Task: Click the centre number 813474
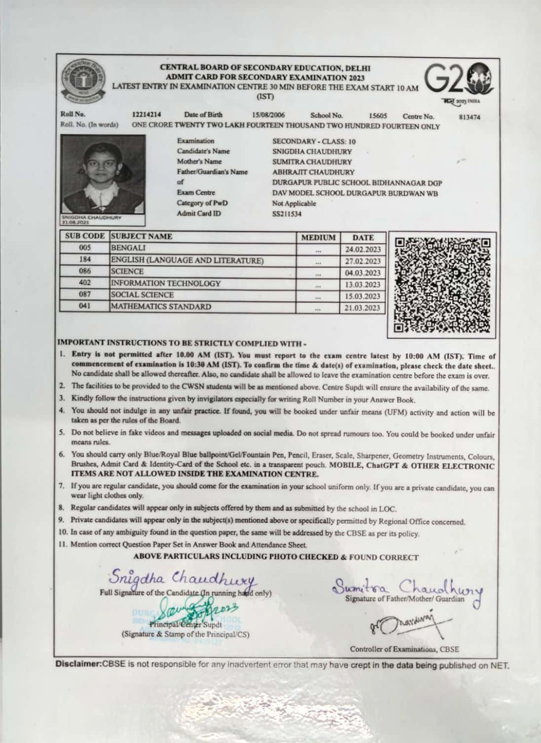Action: coord(469,117)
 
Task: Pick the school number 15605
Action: coord(378,116)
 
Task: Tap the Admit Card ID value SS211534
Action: coord(287,214)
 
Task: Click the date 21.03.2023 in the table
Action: coord(363,308)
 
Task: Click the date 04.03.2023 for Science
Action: coord(363,273)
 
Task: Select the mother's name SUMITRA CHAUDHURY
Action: coord(312,162)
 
